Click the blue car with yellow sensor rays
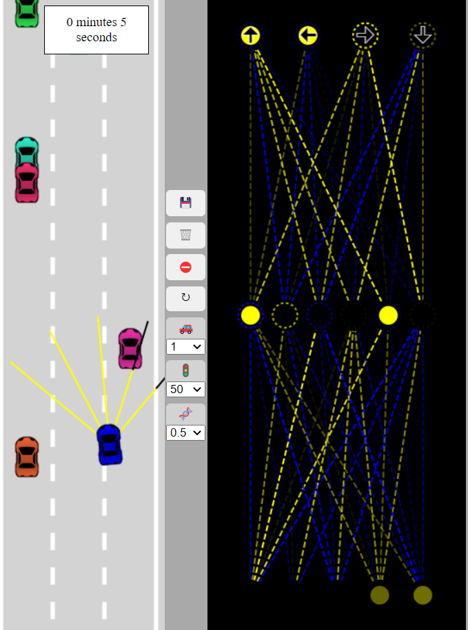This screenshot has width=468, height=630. click(x=109, y=444)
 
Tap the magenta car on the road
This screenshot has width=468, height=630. click(x=130, y=348)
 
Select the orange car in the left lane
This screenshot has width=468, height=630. click(x=27, y=456)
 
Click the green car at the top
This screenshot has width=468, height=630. click(x=27, y=12)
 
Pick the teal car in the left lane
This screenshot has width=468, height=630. click(x=27, y=151)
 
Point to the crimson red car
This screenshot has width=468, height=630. click(x=27, y=182)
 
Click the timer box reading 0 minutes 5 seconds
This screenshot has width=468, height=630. click(x=96, y=30)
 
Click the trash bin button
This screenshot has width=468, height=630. click(x=185, y=235)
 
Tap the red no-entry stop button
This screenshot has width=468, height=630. click(x=185, y=267)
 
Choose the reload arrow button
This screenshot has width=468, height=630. click(x=185, y=298)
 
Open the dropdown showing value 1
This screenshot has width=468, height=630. click(x=185, y=346)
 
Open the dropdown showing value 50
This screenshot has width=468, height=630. click(x=185, y=389)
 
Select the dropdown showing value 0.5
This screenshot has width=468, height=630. click(x=185, y=432)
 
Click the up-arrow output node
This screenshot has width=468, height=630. click(x=251, y=36)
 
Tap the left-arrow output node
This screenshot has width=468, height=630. click(x=308, y=35)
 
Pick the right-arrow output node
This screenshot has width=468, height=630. click(x=365, y=35)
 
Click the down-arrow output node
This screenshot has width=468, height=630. click(x=423, y=35)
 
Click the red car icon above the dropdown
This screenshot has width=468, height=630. click(x=185, y=329)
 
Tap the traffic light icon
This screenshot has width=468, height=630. click(x=185, y=370)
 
